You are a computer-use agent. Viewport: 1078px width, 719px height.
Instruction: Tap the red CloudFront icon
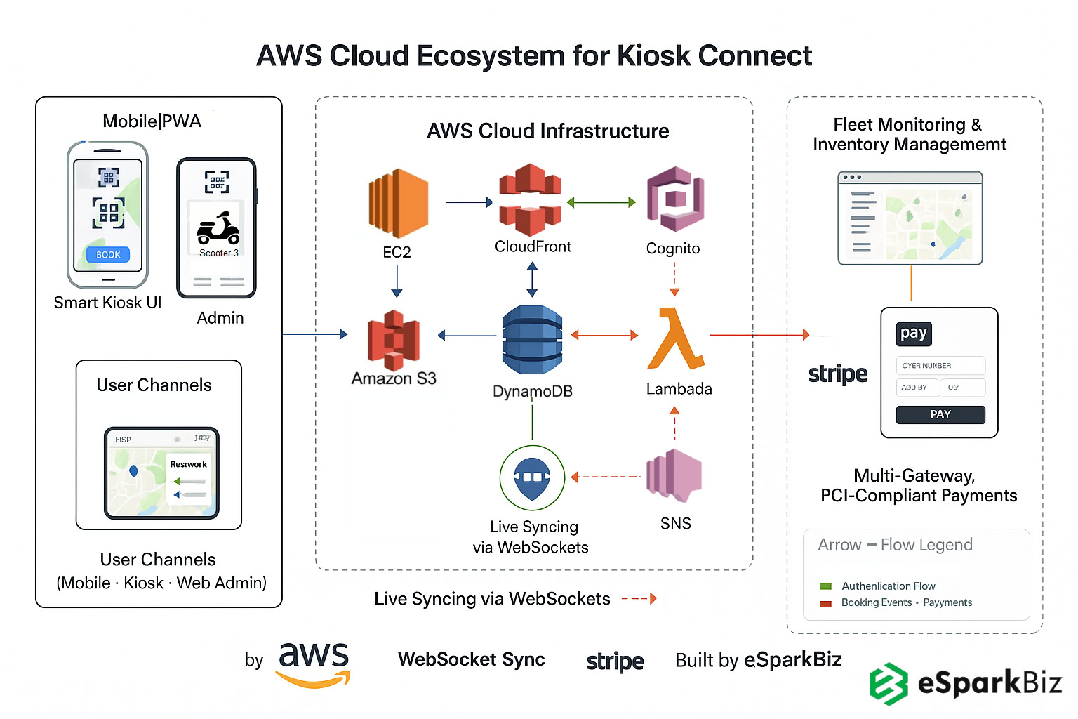[530, 200]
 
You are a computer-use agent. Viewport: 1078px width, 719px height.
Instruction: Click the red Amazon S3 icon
[393, 341]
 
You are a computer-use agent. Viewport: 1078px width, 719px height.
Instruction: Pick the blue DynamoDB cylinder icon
[532, 340]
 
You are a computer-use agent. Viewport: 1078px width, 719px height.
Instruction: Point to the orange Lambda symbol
[675, 338]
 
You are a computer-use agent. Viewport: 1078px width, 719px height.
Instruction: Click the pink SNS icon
[674, 476]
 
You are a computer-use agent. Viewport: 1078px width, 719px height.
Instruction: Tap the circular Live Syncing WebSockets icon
[532, 477]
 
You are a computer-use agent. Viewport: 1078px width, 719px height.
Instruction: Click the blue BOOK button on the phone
[108, 255]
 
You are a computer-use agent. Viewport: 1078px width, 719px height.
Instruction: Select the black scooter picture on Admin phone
[218, 228]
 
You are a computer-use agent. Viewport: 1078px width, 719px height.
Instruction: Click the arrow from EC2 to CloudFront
[469, 202]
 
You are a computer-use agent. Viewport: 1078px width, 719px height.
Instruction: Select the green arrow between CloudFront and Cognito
[601, 202]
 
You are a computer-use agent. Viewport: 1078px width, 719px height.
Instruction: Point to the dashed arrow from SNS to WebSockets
[606, 477]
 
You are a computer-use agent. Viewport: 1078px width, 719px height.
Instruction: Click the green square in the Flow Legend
[825, 586]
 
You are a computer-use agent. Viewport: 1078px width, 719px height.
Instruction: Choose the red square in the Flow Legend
[825, 603]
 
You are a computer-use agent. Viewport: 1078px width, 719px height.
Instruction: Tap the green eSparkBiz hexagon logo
[889, 683]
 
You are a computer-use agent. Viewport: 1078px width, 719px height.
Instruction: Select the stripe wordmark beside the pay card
[837, 374]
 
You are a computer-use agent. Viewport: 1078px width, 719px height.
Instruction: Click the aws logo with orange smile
[313, 663]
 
